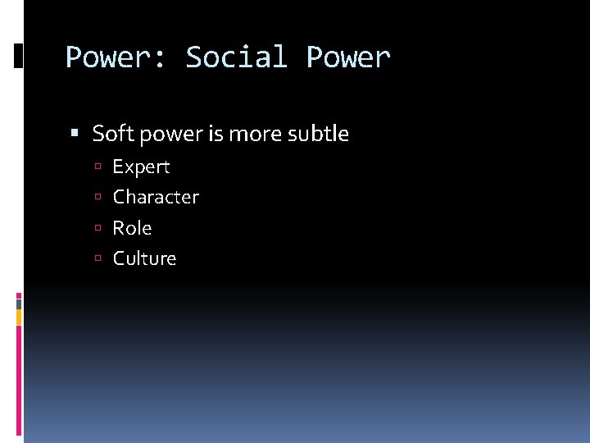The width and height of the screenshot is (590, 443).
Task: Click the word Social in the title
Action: pyautogui.click(x=236, y=57)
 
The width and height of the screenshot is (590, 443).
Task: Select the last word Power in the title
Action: pyautogui.click(x=348, y=57)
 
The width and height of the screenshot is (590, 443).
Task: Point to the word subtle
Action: pyautogui.click(x=319, y=134)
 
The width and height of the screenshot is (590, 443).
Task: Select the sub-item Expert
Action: pyautogui.click(x=141, y=167)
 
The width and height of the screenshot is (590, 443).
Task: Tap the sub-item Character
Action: pyautogui.click(x=156, y=198)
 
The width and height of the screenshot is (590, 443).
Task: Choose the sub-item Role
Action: pyautogui.click(x=132, y=228)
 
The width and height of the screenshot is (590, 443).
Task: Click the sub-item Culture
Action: pyautogui.click(x=144, y=258)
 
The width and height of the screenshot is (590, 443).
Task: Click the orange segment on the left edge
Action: pyautogui.click(x=19, y=316)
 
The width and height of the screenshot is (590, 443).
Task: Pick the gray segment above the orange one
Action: pyautogui.click(x=19, y=303)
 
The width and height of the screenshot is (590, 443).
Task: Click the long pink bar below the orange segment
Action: pyautogui.click(x=19, y=377)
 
